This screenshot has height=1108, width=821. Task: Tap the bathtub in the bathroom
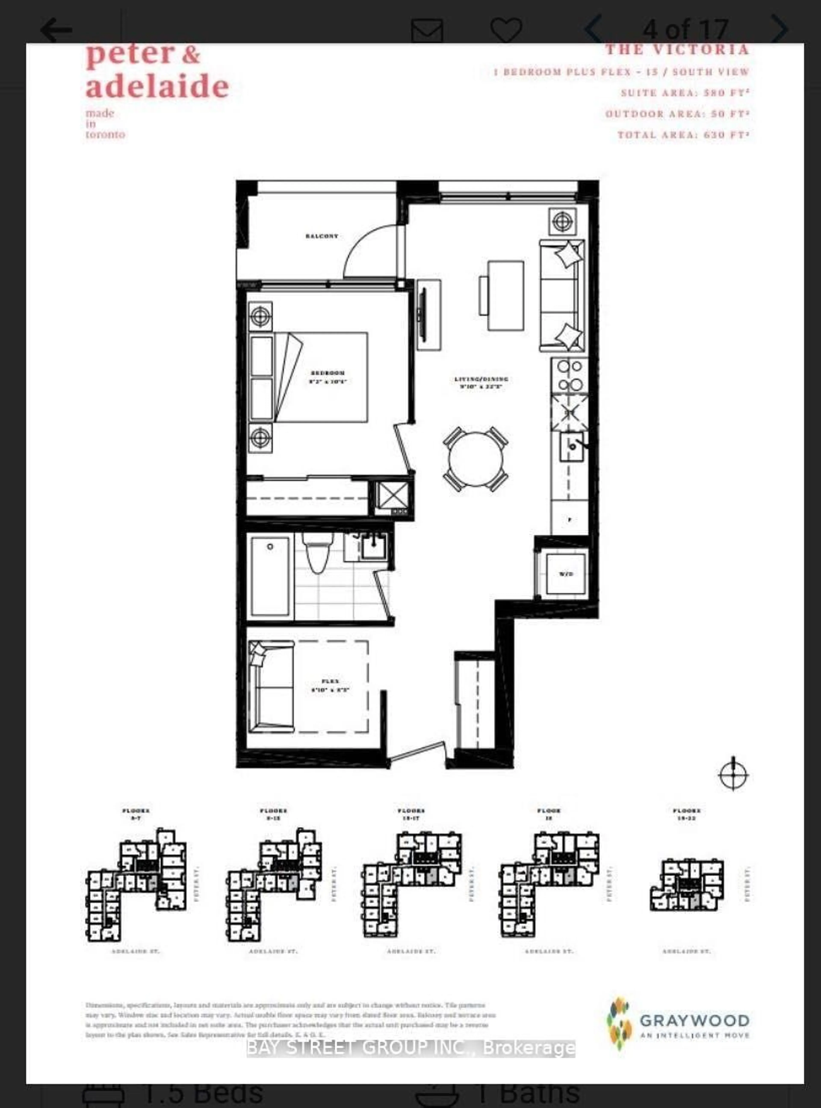pos(270,576)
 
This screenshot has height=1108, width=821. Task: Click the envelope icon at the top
pos(427,31)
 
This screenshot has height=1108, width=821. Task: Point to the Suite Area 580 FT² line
pos(685,93)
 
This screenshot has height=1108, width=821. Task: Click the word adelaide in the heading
pos(157,87)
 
